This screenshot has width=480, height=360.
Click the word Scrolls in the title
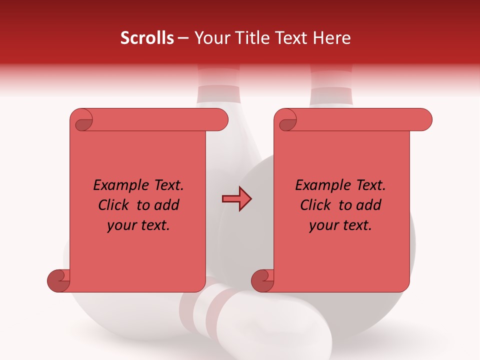[147, 38]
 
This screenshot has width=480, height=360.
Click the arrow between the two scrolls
[236, 199]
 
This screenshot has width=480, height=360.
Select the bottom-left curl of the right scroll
[263, 280]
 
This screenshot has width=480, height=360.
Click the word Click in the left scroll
[114, 205]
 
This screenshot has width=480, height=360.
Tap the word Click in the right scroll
[316, 205]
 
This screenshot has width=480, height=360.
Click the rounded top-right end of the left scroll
[220, 119]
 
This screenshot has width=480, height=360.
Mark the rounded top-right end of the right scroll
[424, 119]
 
